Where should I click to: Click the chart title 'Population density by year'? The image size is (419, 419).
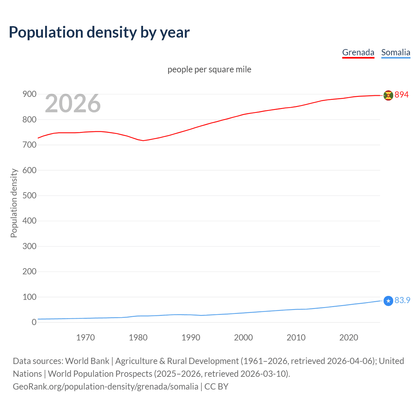click(x=99, y=32)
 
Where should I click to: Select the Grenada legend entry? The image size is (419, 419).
click(x=358, y=52)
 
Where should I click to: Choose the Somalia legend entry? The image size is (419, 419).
click(x=395, y=52)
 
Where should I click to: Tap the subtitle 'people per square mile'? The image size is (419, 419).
click(x=209, y=69)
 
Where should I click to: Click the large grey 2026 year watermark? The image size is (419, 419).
click(x=73, y=103)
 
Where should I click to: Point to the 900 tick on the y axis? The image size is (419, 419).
click(x=29, y=94)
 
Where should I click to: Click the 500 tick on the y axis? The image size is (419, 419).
click(x=29, y=196)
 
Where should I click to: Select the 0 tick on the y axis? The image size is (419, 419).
click(x=34, y=322)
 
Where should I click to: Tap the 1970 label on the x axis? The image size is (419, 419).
click(x=85, y=337)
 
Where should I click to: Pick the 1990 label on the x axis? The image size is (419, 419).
click(x=191, y=337)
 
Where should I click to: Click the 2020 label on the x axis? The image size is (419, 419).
click(x=349, y=337)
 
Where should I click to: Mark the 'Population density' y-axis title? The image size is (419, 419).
click(x=14, y=203)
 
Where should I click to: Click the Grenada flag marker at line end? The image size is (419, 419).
click(x=388, y=95)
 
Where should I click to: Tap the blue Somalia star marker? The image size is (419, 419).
click(x=388, y=301)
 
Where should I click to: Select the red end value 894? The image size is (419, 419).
click(x=402, y=95)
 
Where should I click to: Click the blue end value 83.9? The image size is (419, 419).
click(x=402, y=300)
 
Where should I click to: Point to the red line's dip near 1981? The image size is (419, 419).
click(x=143, y=140)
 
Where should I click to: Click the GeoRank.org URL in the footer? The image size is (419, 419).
click(x=105, y=387)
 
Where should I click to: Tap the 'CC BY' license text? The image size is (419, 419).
click(x=216, y=387)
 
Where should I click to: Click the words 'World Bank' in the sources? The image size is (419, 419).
click(x=87, y=361)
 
